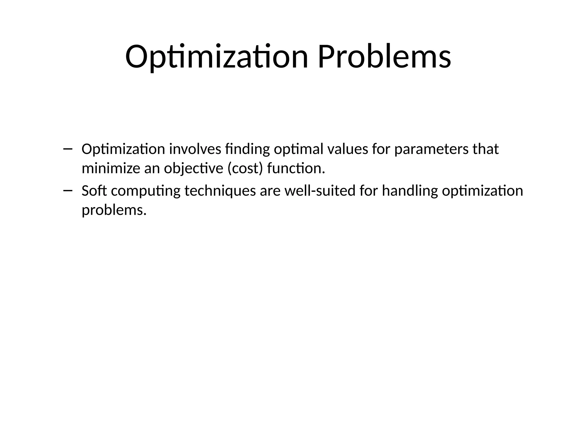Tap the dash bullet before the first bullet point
coord(68,149)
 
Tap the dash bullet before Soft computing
coord(68,191)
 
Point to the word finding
coord(248,149)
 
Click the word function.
coord(296,169)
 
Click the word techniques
coord(220,191)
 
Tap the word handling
coord(410,191)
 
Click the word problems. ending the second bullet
coord(114,210)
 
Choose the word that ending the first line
coord(485,149)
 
